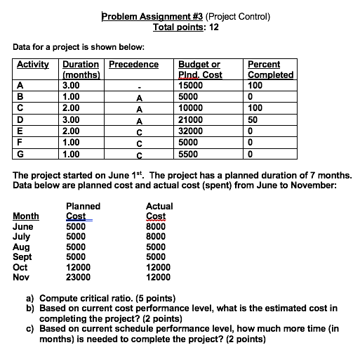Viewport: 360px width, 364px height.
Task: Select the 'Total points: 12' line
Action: [186, 27]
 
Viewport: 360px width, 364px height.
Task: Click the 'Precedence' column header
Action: [134, 65]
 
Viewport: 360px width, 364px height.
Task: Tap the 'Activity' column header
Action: [34, 65]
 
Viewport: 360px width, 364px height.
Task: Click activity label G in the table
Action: [20, 153]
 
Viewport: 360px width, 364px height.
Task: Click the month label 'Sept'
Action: [23, 257]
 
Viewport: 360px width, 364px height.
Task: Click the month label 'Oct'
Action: [21, 267]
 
